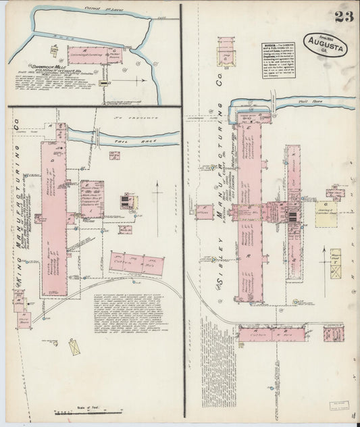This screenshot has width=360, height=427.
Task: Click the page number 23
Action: click(x=343, y=17)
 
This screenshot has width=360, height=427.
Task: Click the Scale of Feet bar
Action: click(x=88, y=411)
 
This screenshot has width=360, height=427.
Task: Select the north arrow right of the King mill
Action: click(x=158, y=195)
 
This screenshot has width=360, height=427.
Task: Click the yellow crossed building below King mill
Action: click(x=76, y=346)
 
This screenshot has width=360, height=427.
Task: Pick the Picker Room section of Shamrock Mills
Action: click(x=116, y=54)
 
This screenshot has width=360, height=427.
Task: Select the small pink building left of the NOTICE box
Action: click(x=228, y=52)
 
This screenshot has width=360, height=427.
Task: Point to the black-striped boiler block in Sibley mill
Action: click(x=292, y=216)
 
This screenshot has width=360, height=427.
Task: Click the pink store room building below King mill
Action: click(x=24, y=317)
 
